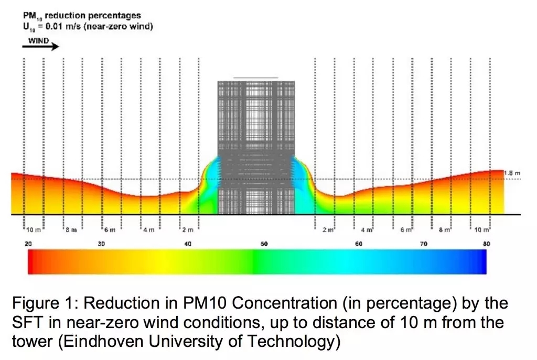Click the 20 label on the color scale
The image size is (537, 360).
coord(29,244)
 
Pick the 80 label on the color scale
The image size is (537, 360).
coord(486,244)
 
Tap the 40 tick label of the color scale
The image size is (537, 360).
coord(188,244)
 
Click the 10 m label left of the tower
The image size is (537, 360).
coord(34,230)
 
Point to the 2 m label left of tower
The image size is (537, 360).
coord(188,230)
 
